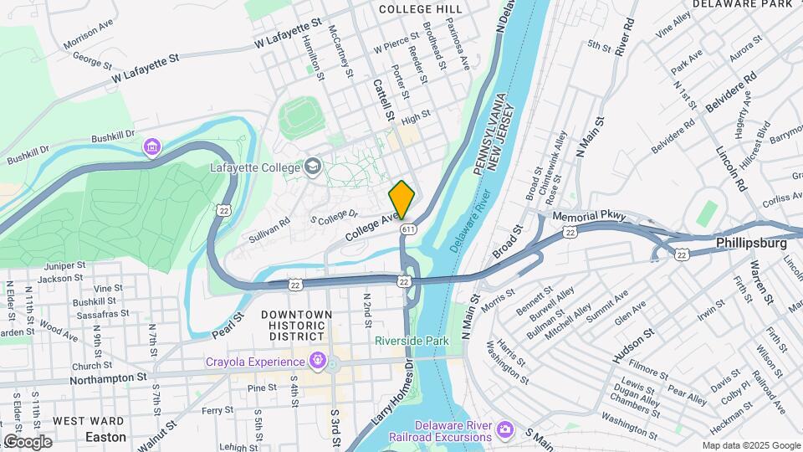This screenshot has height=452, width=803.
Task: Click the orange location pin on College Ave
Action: [401, 199]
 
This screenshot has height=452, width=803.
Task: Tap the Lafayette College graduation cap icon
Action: [313, 166]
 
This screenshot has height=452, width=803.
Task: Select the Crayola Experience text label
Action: [255, 362]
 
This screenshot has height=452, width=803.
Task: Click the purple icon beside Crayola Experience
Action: [317, 362]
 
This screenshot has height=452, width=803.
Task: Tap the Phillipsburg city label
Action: [751, 243]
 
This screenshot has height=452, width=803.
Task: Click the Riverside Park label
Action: [412, 341]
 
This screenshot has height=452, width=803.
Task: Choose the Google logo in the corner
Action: [28, 441]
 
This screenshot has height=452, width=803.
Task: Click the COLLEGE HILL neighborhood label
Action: [420, 8]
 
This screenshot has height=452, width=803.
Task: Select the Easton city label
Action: [106, 437]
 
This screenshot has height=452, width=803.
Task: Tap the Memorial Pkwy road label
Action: [589, 216]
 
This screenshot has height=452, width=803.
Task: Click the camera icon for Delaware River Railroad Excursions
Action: [504, 429]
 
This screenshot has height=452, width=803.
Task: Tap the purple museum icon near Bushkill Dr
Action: [151, 148]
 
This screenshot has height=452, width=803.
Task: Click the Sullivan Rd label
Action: [269, 231]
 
